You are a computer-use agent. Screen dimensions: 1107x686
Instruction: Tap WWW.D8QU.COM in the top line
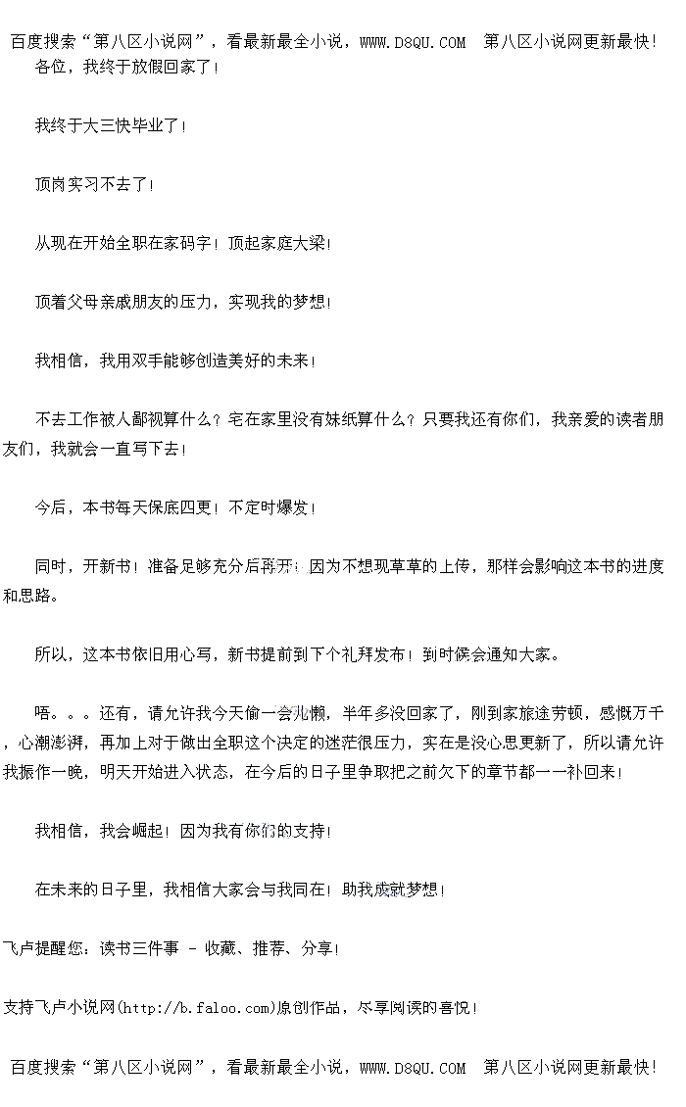click(413, 41)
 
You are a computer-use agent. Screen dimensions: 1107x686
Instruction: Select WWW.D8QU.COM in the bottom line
click(413, 1068)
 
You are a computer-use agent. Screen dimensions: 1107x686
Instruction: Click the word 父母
click(83, 302)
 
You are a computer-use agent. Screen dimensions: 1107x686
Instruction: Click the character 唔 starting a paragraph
click(43, 713)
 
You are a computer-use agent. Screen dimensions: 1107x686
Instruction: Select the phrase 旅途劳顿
click(555, 713)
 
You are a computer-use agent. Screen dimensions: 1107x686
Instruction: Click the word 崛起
click(147, 831)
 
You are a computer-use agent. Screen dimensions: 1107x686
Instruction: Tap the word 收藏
click(220, 948)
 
